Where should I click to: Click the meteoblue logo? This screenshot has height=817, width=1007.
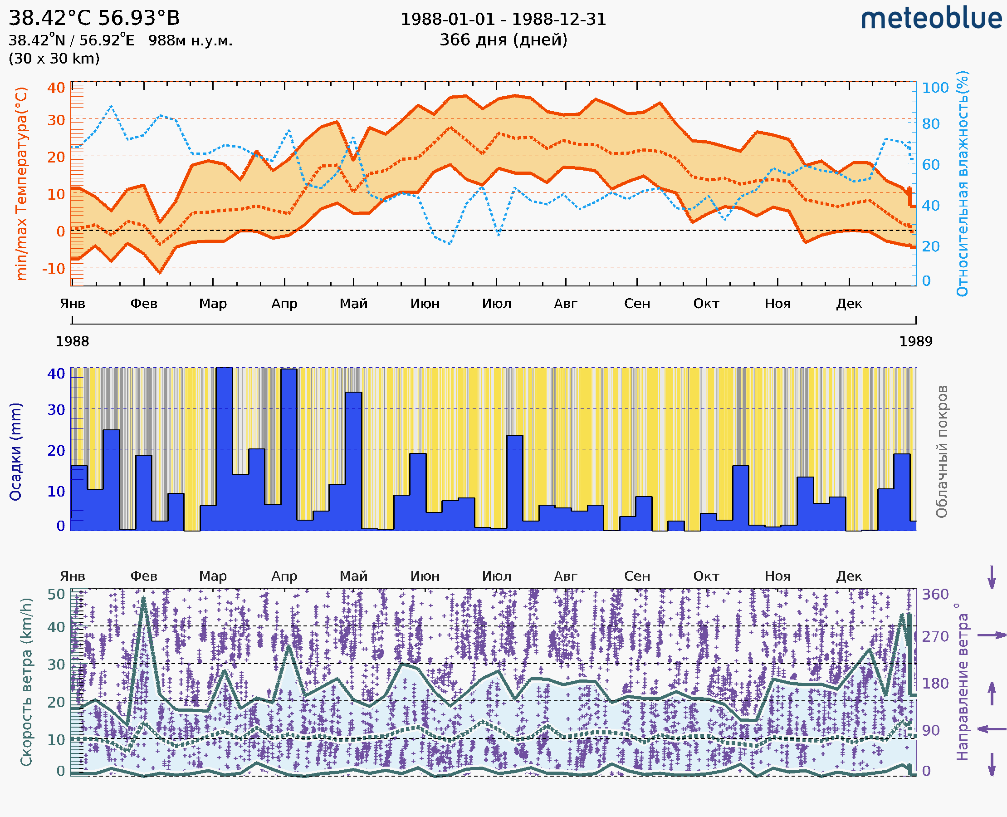pos(931,19)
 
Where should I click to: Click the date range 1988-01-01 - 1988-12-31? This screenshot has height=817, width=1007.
pos(503,20)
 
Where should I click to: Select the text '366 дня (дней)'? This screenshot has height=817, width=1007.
pos(503,39)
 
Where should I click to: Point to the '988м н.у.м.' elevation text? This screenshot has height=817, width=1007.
pos(190,40)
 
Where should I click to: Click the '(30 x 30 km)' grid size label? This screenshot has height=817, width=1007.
pos(54,59)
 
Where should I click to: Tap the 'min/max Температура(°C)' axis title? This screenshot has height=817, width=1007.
pos(21,183)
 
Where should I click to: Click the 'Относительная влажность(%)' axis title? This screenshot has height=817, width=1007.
pos(962,183)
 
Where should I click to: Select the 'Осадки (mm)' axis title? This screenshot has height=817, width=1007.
pos(15,452)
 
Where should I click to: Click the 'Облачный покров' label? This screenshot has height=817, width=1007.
pos(941,452)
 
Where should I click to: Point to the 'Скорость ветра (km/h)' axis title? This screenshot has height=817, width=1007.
pos(26,682)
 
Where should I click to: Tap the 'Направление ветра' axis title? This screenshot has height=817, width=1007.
pos(962,682)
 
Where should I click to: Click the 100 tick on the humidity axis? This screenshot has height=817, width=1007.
pos(934,88)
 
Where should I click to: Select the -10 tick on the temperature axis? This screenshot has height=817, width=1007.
pos(53,269)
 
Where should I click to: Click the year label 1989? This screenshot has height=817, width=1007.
pos(915,341)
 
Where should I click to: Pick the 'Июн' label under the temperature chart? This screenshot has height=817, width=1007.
pos(425,304)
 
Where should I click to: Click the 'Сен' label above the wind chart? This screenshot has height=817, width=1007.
pos(637,576)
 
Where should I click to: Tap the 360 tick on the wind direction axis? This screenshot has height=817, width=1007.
pos(934,595)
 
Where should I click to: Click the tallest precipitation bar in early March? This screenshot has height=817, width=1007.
pos(224,447)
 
